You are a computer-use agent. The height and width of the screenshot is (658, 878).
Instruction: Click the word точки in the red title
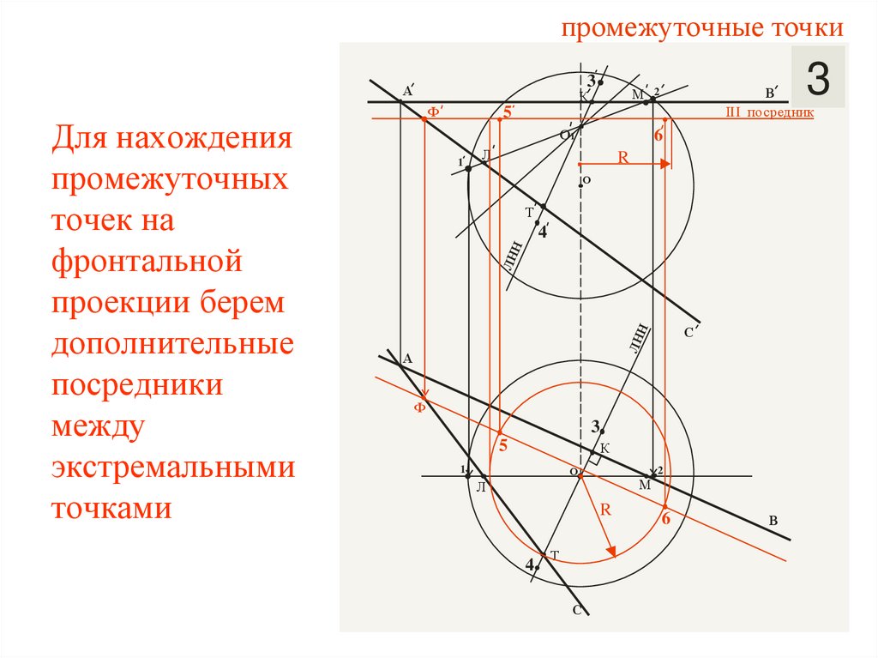[x=807, y=27]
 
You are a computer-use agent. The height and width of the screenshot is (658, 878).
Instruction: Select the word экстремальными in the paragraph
[x=172, y=469]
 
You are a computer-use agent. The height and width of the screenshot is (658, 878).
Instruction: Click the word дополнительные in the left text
[x=172, y=344]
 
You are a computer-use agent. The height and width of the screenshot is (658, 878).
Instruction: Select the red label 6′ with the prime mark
[x=658, y=136]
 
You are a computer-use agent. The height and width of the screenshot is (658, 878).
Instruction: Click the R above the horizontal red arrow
[x=623, y=157]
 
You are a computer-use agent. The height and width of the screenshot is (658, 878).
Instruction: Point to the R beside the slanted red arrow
[x=604, y=509]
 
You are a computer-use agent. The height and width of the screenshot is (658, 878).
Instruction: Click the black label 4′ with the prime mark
[x=543, y=230]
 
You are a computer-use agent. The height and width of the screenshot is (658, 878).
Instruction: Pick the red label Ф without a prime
[x=419, y=407]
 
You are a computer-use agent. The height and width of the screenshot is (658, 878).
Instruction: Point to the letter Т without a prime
[x=555, y=556]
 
